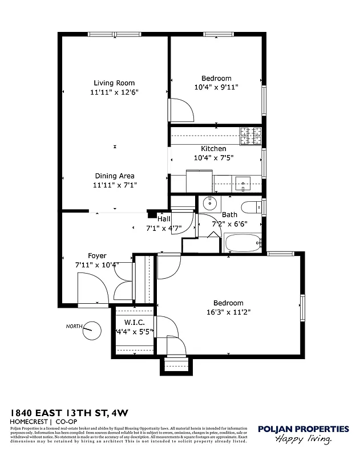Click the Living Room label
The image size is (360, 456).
[x=114, y=83]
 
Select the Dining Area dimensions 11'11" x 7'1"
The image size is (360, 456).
[x=114, y=185]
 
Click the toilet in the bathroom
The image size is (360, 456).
[x=250, y=206]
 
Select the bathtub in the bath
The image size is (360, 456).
[x=242, y=243]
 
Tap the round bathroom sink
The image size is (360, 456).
[x=210, y=203]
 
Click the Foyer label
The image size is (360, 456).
[x=97, y=256]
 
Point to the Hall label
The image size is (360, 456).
[x=164, y=218]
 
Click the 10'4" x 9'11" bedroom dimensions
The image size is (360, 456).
[x=216, y=87]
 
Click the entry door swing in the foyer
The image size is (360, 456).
[x=90, y=288]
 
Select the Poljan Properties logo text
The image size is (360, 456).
[x=303, y=429]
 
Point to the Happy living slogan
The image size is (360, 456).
[x=304, y=439]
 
